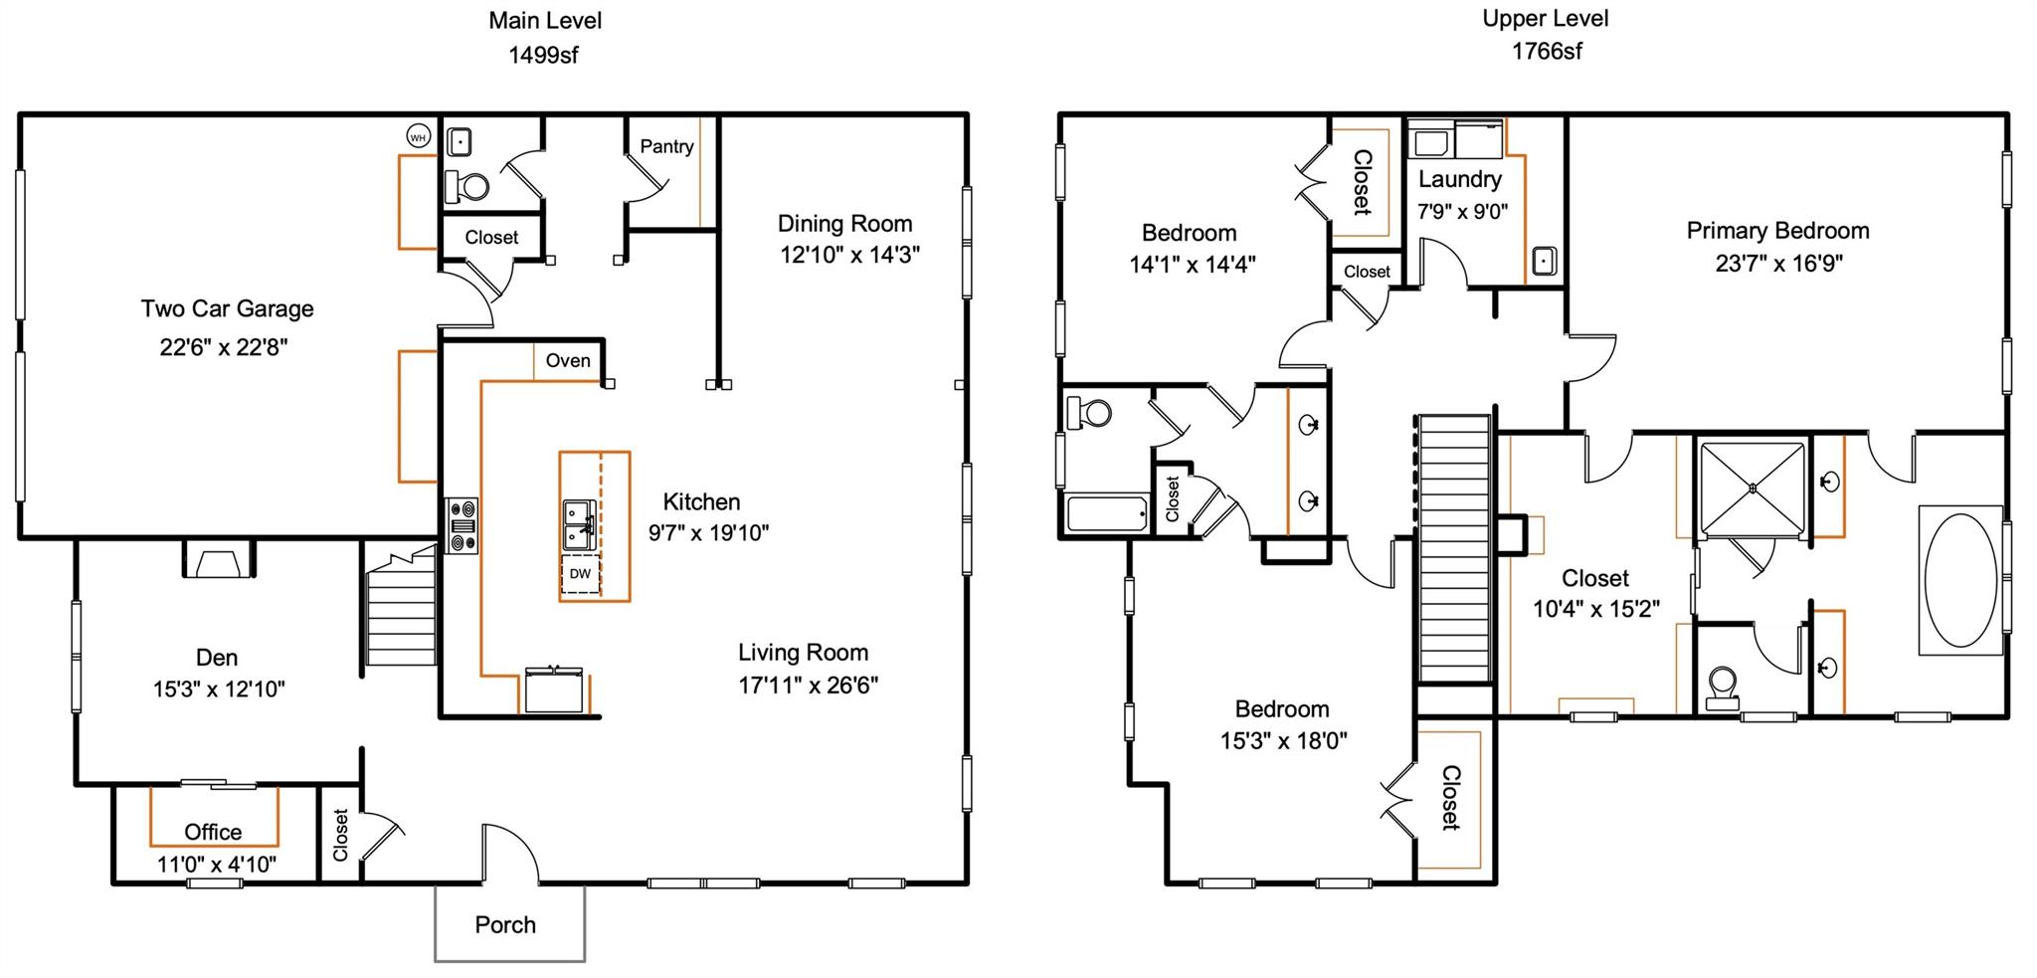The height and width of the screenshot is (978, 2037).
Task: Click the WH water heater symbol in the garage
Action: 418,136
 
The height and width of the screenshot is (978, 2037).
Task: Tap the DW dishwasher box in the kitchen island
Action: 580,574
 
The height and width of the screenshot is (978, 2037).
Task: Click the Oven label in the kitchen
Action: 568,360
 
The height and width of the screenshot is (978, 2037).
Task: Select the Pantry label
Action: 666,146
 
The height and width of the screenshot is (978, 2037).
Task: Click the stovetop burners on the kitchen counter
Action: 463,525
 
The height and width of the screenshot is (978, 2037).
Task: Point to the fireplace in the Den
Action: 219,563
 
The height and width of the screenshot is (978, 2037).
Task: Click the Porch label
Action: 505,924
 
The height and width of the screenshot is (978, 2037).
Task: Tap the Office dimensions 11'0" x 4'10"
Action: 217,864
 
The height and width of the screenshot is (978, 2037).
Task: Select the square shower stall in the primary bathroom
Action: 1753,489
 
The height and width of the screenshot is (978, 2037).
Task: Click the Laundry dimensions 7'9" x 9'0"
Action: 1462,211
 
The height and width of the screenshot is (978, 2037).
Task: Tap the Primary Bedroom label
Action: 1777,231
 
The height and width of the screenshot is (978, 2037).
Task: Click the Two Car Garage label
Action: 227,308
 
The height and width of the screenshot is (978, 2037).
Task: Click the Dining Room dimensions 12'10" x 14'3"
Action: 848,255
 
